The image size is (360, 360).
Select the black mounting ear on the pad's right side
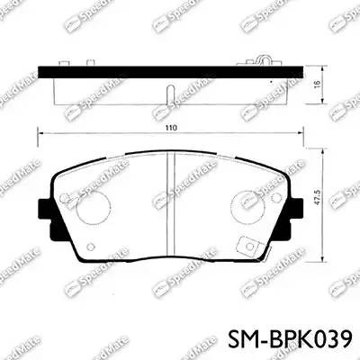tap(299, 211)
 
